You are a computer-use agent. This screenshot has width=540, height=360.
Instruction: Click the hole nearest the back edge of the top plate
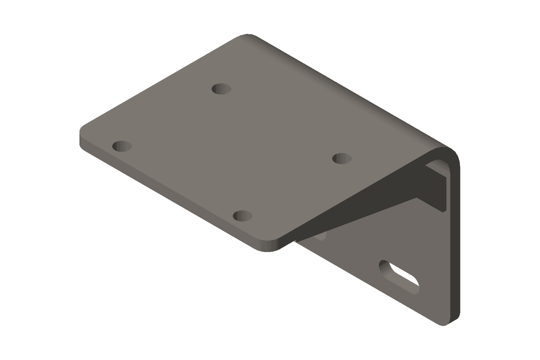click(x=221, y=89)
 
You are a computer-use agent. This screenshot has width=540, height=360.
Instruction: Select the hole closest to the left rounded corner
click(x=122, y=146)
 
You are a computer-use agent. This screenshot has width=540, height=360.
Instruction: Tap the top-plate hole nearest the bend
click(x=342, y=158)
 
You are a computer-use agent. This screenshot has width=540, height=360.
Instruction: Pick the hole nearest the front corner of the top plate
click(x=242, y=216)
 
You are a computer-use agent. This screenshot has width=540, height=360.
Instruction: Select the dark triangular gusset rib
click(x=378, y=196)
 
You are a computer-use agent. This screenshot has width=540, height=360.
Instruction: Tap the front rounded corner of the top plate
click(x=269, y=247)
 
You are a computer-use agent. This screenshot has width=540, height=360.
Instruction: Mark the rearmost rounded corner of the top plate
click(x=247, y=36)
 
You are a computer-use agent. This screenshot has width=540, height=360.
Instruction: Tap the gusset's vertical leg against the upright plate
click(x=438, y=187)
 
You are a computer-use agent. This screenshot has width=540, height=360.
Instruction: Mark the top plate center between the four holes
click(x=231, y=151)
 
